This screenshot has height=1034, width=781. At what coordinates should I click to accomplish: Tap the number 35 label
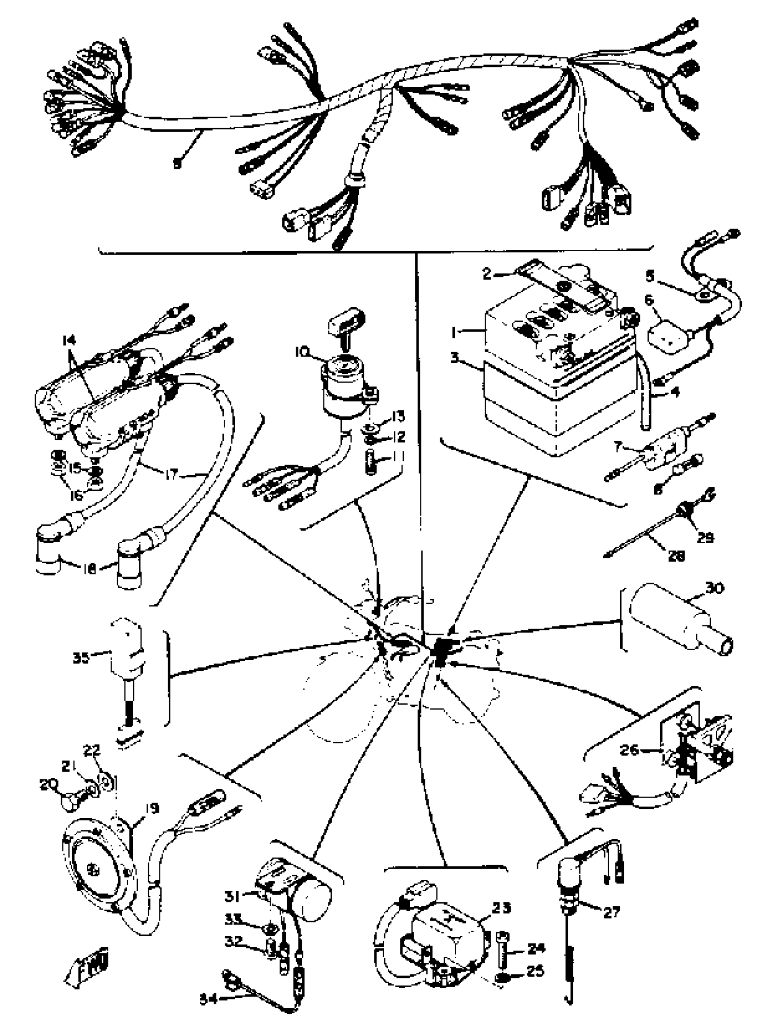tap(81, 658)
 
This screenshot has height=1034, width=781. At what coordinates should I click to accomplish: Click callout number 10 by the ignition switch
tap(302, 351)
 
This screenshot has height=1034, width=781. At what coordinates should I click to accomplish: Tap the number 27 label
tap(611, 925)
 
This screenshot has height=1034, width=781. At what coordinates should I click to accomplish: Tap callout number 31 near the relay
tap(232, 896)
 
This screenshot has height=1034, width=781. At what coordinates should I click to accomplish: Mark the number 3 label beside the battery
tap(455, 359)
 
